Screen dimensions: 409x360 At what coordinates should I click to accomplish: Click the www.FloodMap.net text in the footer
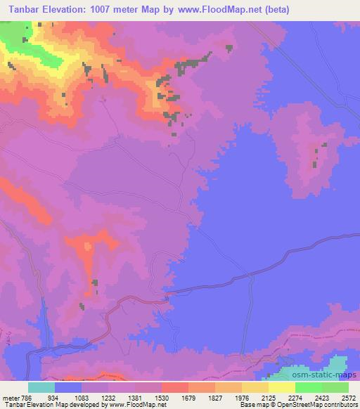pyautogui.click(x=134, y=405)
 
